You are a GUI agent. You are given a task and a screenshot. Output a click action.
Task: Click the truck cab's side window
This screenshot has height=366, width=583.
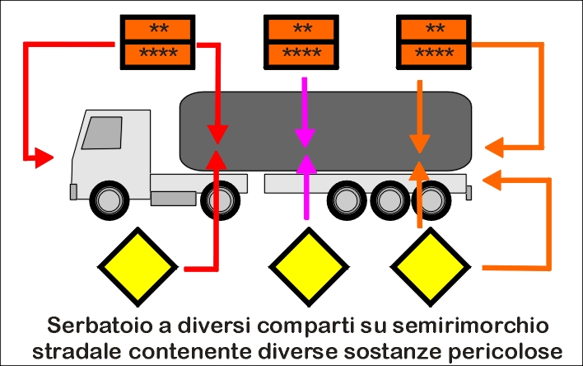point(102,132)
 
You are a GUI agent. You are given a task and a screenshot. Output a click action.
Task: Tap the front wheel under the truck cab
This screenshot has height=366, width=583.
point(108,199)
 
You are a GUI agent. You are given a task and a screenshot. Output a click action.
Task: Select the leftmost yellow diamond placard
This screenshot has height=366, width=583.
point(138,265)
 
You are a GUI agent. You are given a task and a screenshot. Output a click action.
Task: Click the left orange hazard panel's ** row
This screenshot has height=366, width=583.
point(157,29)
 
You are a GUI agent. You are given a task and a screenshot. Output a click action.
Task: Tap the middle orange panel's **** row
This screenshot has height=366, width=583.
point(301,55)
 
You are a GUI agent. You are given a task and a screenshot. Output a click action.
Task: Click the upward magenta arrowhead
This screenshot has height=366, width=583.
point(305,162)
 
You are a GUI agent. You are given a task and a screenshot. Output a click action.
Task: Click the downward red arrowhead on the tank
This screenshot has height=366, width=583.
point(218,133)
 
